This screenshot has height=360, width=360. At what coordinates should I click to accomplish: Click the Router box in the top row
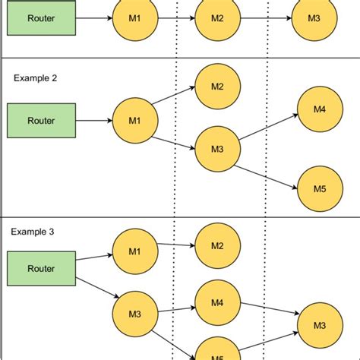tap(41, 17)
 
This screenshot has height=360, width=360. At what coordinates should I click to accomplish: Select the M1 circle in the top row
tap(135, 18)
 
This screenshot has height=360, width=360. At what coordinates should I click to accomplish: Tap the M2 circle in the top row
tap(217, 18)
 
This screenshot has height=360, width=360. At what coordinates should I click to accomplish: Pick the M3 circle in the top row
tap(313, 18)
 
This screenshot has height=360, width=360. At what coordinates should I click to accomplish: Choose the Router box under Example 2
tap(41, 119)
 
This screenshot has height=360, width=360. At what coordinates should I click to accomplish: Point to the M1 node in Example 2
tap(135, 120)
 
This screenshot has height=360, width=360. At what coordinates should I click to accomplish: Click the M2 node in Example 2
tap(217, 87)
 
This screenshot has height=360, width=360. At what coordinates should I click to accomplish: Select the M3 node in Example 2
tap(217, 149)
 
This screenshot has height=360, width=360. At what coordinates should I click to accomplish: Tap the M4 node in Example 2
tap(320, 109)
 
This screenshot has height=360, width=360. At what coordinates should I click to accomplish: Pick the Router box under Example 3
tap(41, 268)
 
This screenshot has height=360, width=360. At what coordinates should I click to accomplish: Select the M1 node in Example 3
tap(135, 251)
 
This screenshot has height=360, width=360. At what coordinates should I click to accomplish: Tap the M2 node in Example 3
tap(217, 245)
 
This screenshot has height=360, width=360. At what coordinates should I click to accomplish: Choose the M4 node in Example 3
tap(217, 302)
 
